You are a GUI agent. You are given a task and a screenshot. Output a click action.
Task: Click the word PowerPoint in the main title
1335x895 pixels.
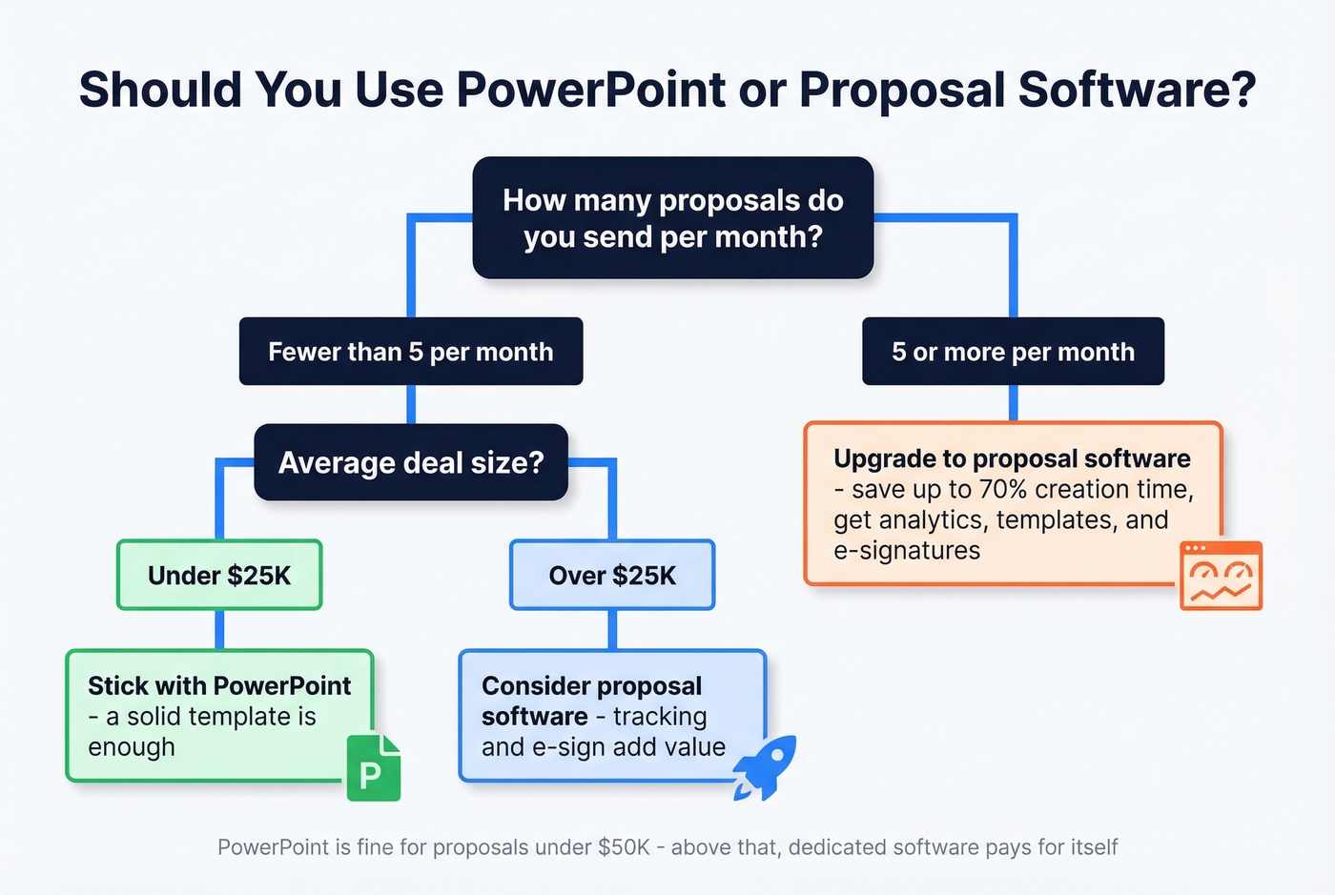590,90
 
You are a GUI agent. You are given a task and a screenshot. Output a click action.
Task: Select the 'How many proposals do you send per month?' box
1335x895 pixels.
672,218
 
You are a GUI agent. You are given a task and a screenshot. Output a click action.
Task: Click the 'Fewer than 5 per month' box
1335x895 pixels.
410,352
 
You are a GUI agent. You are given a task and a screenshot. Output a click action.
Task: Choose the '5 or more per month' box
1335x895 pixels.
1013,352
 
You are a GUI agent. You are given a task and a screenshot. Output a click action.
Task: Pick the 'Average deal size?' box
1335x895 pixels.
410,463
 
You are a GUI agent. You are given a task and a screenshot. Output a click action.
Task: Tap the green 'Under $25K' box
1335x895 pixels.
219,576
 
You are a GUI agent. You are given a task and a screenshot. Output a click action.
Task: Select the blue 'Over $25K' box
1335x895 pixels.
612,576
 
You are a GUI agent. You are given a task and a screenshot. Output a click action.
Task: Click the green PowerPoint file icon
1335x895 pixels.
373,768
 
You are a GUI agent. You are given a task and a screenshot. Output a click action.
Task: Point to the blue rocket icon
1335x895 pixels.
766,766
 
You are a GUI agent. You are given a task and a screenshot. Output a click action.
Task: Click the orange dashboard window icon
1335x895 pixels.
1221,576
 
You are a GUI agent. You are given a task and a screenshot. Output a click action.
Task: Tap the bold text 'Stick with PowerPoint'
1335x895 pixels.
219,686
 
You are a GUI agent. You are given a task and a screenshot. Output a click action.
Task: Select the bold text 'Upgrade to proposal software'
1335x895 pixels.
1012,458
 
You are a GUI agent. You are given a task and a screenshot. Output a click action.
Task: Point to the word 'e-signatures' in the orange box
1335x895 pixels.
906,551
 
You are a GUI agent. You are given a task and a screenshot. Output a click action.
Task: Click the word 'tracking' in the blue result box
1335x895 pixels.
660,717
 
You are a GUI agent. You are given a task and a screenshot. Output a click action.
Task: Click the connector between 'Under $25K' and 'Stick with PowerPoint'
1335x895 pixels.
219,630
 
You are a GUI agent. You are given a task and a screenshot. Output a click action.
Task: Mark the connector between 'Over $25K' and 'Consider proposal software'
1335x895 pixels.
612,630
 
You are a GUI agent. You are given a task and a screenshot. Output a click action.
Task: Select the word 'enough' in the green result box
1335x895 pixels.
132,747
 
